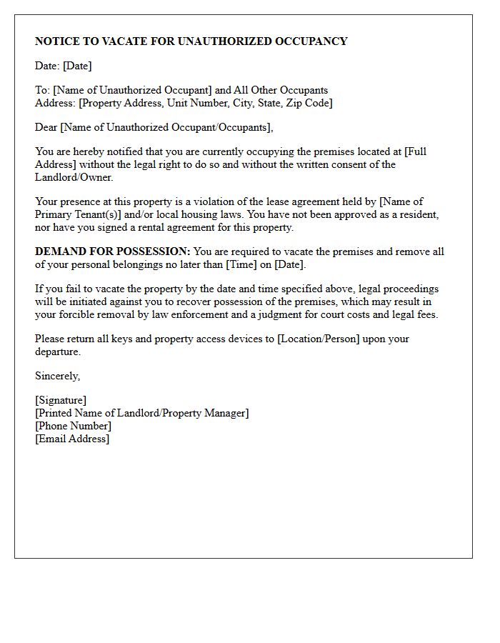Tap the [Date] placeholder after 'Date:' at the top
coord(77,66)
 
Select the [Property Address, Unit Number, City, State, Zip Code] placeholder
coord(206,103)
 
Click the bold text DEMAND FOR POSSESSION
coord(112,251)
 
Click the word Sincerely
coord(57,376)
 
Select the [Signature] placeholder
coord(61,400)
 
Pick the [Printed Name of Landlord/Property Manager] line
coord(142,413)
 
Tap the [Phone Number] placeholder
coord(73,426)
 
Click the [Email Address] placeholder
coord(72,439)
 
